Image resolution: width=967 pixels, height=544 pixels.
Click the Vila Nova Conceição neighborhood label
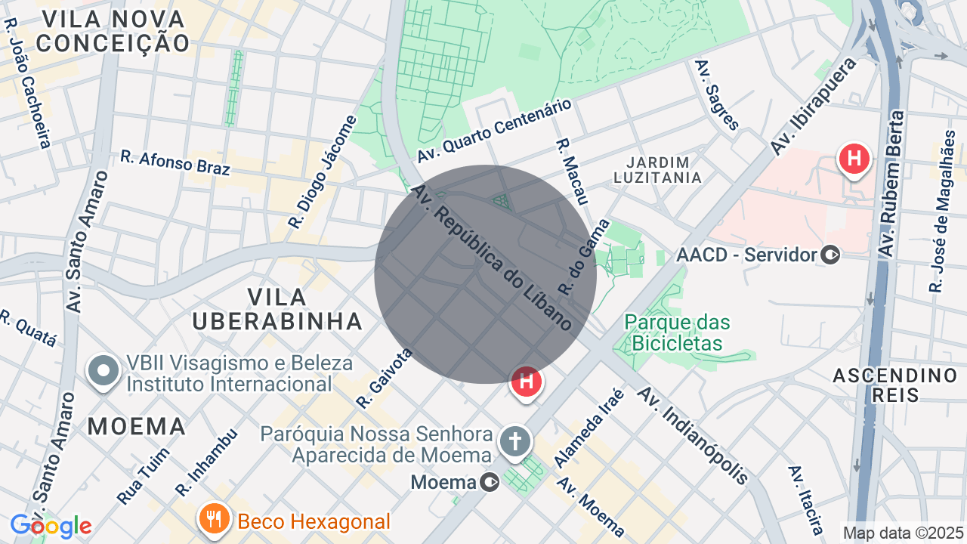click(x=113, y=32)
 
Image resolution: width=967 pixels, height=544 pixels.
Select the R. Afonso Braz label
click(x=175, y=162)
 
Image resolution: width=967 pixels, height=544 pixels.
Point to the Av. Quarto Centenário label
click(x=494, y=131)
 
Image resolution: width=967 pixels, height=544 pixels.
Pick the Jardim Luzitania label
click(x=657, y=170)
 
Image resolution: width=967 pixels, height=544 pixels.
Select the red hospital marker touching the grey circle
click(x=527, y=382)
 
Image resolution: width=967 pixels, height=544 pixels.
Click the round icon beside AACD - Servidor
click(x=830, y=255)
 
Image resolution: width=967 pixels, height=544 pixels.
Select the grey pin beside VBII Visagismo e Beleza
click(x=103, y=372)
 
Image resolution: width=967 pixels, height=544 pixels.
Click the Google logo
click(x=51, y=526)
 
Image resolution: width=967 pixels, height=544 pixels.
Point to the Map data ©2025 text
click(x=902, y=533)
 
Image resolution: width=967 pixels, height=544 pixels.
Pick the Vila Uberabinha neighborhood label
click(x=277, y=308)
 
